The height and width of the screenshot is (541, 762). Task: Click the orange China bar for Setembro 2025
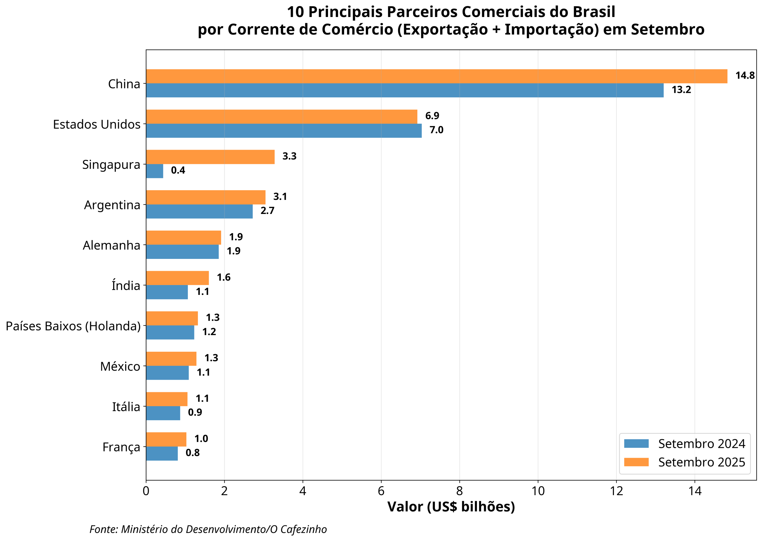click(436, 76)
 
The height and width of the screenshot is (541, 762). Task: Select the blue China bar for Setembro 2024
click(405, 90)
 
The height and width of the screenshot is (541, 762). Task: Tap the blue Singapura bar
click(154, 171)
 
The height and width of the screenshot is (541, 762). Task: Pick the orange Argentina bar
click(206, 197)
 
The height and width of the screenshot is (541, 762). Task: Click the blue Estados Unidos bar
click(284, 131)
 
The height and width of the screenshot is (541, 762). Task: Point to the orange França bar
click(166, 440)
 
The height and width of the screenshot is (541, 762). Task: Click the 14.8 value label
click(745, 76)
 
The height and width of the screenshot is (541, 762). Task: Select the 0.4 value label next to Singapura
click(178, 170)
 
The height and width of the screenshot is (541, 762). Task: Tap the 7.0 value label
click(436, 130)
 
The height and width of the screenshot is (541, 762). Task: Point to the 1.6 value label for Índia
click(224, 278)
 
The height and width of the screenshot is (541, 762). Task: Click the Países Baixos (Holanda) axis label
click(73, 326)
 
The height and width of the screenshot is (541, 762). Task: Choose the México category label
click(120, 366)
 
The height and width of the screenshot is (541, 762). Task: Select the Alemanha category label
click(111, 246)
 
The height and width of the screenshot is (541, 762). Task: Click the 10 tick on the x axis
click(538, 491)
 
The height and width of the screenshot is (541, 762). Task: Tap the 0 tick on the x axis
click(146, 491)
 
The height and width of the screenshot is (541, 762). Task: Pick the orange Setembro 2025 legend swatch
click(636, 462)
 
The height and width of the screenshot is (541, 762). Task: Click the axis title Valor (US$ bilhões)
click(451, 507)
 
